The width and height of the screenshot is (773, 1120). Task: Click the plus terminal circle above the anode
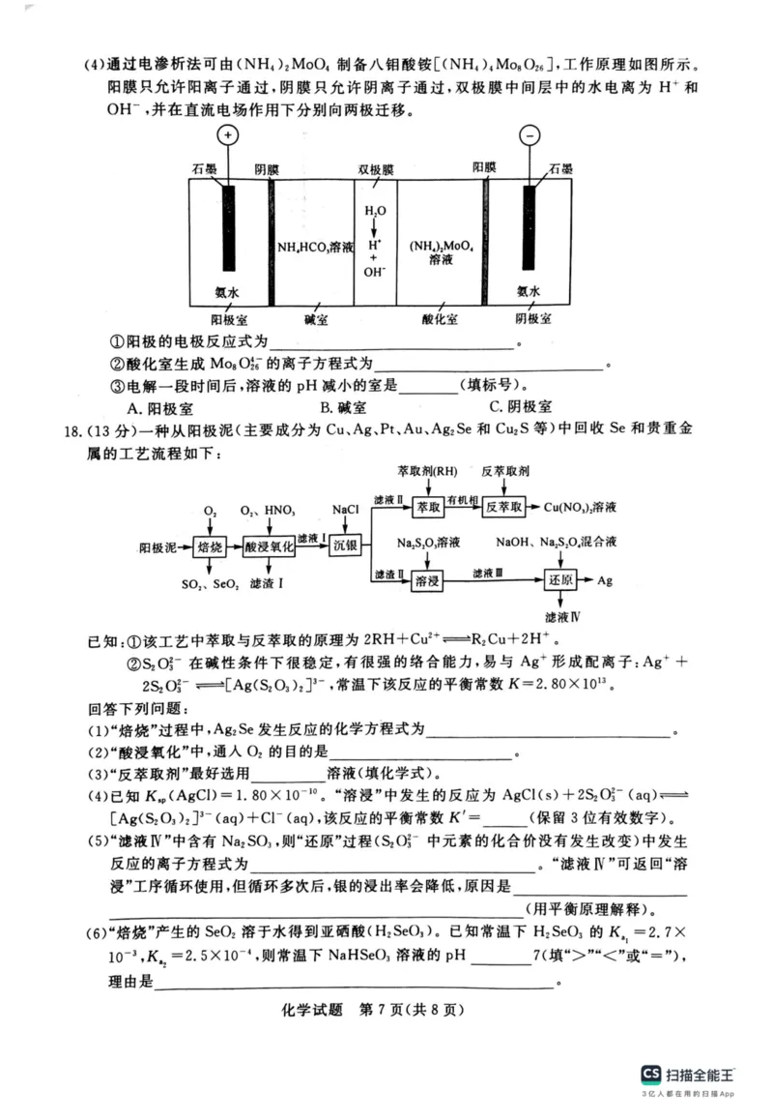click(228, 134)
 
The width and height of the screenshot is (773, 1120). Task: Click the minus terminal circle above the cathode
click(530, 134)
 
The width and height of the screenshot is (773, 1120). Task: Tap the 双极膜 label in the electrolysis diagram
click(376, 169)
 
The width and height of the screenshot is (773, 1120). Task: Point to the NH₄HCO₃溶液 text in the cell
click(315, 247)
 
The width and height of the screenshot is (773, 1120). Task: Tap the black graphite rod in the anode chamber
click(229, 228)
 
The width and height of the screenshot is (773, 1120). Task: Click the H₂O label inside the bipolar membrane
click(375, 210)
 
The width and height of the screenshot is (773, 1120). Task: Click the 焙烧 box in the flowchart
click(210, 546)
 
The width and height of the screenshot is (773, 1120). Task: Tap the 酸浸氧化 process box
click(268, 546)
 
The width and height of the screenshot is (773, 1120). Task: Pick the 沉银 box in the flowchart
click(345, 545)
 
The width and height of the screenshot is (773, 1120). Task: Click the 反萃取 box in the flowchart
click(503, 507)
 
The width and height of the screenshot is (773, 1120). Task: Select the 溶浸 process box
click(427, 581)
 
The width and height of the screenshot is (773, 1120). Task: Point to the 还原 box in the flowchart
click(560, 581)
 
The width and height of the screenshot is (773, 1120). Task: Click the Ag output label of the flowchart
click(605, 581)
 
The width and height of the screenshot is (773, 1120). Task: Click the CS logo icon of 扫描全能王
click(651, 1074)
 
